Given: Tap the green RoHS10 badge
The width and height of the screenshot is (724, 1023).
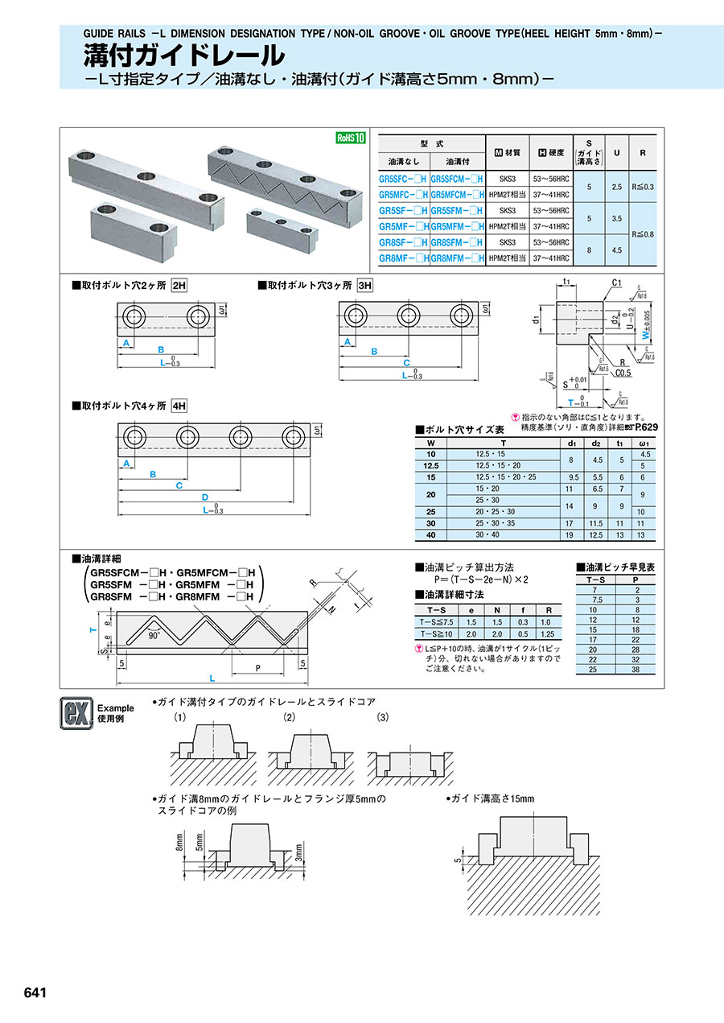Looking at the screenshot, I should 350,138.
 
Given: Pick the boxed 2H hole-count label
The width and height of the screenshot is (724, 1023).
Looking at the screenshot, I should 181,285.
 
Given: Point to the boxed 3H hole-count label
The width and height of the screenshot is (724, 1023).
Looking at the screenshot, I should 365,285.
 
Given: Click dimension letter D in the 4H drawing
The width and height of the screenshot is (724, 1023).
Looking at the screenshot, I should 204,497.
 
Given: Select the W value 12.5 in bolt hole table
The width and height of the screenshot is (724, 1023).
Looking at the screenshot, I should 430,466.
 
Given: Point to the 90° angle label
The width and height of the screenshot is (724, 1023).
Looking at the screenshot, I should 153,634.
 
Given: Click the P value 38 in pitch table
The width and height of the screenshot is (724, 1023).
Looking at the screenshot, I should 636,670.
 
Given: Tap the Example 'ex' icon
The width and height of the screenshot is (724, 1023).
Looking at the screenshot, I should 73,712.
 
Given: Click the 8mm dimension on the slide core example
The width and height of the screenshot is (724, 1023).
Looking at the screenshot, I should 179,841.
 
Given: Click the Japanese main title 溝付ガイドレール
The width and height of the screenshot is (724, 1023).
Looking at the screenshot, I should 184,55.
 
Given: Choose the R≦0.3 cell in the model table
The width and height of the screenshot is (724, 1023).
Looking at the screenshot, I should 644,186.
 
